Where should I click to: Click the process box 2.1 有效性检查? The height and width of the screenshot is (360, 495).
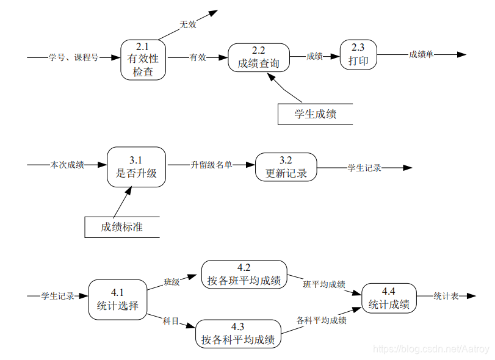[143, 59]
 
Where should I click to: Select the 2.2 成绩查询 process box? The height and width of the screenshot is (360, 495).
[259, 57]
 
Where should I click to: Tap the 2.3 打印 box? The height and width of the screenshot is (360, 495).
[358, 56]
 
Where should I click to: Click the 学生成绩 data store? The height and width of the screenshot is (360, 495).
[315, 114]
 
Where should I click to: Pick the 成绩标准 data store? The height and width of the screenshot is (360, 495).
[122, 227]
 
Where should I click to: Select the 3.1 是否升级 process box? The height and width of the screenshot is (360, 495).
[136, 167]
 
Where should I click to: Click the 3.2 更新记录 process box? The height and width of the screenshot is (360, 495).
[286, 167]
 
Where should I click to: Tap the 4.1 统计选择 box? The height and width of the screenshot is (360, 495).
[118, 299]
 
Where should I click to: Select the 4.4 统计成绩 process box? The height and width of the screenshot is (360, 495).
[389, 298]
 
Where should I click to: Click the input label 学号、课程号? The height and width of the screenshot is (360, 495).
[73, 57]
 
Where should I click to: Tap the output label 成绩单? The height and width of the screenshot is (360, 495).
[421, 54]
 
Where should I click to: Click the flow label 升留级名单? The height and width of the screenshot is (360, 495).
[211, 165]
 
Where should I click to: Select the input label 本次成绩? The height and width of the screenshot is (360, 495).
[67, 165]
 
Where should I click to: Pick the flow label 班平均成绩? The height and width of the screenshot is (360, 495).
[324, 284]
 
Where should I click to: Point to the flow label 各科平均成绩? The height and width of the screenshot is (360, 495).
[322, 320]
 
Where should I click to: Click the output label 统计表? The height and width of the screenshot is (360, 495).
[446, 296]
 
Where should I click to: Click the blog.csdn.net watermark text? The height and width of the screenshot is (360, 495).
[430, 348]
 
